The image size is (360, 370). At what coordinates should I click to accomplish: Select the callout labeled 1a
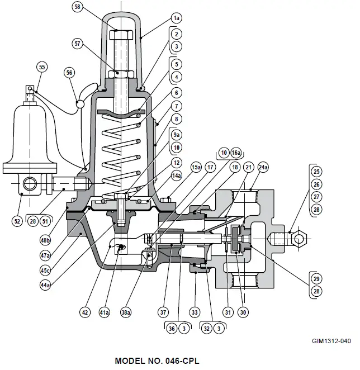click(x=177, y=18)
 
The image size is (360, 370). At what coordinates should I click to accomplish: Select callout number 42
click(x=85, y=312)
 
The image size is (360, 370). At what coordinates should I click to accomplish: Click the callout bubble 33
click(x=195, y=312)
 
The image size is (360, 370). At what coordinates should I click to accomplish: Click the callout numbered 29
click(x=317, y=278)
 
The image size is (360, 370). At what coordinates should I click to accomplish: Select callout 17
click(x=210, y=167)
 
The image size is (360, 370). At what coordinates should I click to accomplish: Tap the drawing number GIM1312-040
click(x=332, y=340)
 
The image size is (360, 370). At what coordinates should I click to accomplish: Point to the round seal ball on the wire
click(x=80, y=104)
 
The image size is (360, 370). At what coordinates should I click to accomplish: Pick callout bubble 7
click(x=177, y=106)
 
